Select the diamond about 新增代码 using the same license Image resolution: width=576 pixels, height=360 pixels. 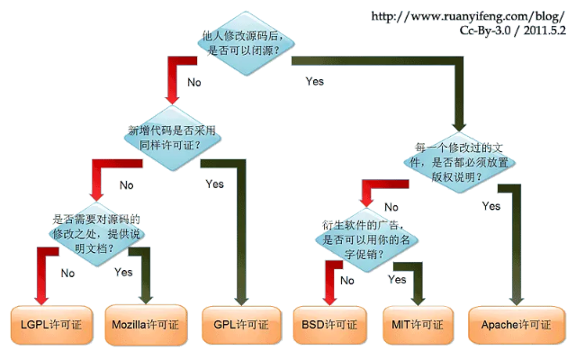coord(171,138)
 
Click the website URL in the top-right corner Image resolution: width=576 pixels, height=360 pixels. coord(468,16)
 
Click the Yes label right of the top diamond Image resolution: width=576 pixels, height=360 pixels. coord(314,81)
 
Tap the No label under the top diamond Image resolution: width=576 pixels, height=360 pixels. coord(193,82)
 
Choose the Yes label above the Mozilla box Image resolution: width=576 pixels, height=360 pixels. coord(123,270)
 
